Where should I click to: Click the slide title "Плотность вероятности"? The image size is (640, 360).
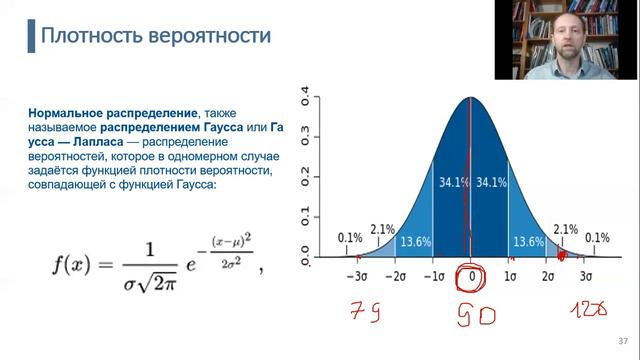point(155,37)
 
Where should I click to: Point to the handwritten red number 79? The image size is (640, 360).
point(361,313)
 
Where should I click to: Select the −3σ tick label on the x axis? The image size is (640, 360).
point(358,275)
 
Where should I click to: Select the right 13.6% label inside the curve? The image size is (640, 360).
point(528,241)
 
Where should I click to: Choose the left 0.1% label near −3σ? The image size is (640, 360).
point(350,238)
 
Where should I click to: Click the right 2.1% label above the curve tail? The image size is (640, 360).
point(566,229)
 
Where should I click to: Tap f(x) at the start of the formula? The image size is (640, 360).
point(76,265)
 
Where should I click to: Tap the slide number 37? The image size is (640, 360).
point(623,343)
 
